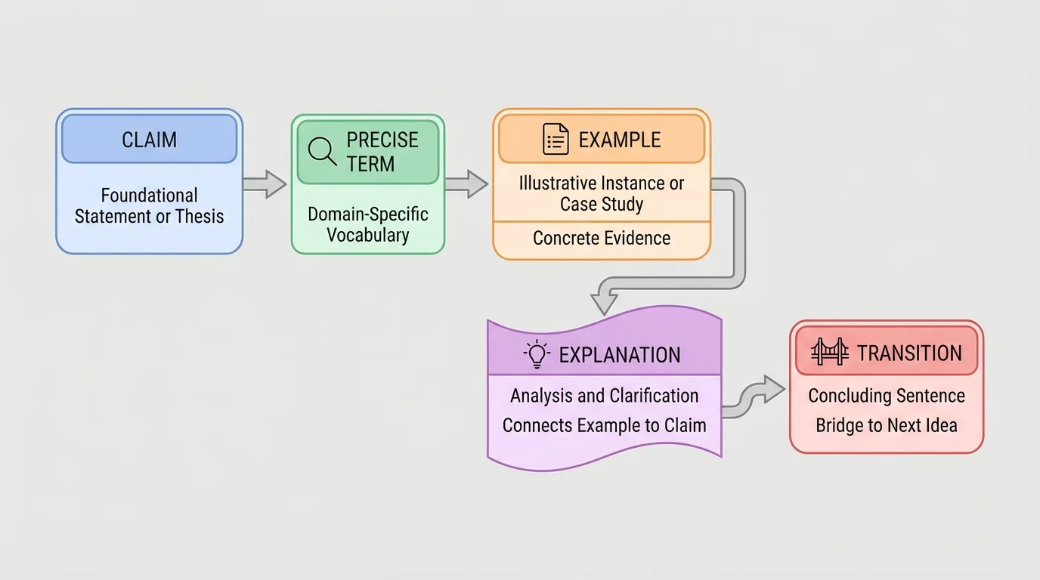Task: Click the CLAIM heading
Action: pyautogui.click(x=150, y=140)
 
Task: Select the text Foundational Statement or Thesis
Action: pyautogui.click(x=150, y=206)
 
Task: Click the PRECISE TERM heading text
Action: pyautogui.click(x=382, y=152)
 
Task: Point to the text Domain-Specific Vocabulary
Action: pyautogui.click(x=368, y=224)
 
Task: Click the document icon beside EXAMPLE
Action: pyautogui.click(x=556, y=140)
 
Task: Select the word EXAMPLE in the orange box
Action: pyautogui.click(x=619, y=140)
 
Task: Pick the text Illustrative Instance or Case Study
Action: pyautogui.click(x=602, y=193)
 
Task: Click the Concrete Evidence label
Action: pyautogui.click(x=602, y=239)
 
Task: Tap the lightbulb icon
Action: pyautogui.click(x=536, y=354)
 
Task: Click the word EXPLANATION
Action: pyautogui.click(x=619, y=355)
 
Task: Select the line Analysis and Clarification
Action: pyautogui.click(x=604, y=396)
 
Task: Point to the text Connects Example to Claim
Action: pyautogui.click(x=604, y=425)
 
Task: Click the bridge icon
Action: pyautogui.click(x=829, y=353)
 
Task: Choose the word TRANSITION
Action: pyautogui.click(x=909, y=353)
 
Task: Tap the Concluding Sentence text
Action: pyautogui.click(x=887, y=396)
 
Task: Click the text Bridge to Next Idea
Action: pyautogui.click(x=887, y=425)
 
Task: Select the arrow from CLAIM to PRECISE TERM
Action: pyautogui.click(x=265, y=184)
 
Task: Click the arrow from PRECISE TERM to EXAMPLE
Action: pyautogui.click(x=466, y=184)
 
